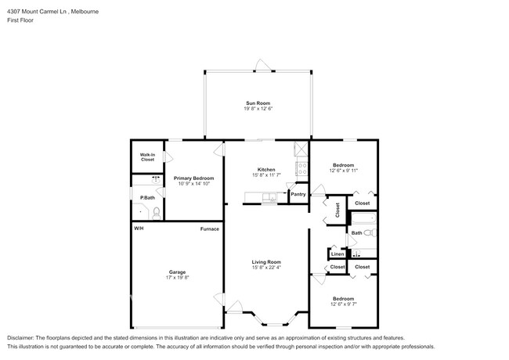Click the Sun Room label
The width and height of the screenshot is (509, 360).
[x=258, y=103]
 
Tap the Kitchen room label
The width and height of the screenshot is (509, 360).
[x=266, y=170]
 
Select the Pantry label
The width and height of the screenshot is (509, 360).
[x=298, y=194]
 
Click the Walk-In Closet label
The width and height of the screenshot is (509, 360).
[x=147, y=157]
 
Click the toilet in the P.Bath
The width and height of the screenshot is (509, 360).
[x=156, y=211]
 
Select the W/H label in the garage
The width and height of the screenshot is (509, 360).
[x=139, y=229]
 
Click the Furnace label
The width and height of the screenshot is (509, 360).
[x=209, y=229]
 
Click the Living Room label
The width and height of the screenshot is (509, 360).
[x=266, y=261]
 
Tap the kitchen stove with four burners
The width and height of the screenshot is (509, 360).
[x=300, y=166]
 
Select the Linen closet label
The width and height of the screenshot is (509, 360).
[x=337, y=254]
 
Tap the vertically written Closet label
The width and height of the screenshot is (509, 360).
[x=338, y=210]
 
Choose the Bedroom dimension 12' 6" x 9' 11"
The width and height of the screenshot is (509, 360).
[x=343, y=171]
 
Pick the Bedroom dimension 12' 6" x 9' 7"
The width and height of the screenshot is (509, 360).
[x=343, y=304]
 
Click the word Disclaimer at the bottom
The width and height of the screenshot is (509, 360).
[x=21, y=336]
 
